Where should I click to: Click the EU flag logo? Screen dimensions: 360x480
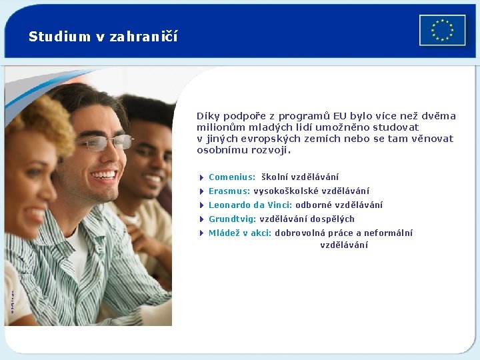point(442,30)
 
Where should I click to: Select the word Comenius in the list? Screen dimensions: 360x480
point(231,177)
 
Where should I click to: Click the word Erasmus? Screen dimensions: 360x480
point(229,191)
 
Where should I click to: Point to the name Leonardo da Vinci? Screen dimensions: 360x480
point(250,205)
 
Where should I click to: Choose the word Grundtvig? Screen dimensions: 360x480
point(232,219)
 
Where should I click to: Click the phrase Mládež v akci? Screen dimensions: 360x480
point(239,233)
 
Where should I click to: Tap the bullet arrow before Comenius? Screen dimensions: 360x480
point(201,177)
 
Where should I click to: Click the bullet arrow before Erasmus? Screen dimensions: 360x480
point(201,191)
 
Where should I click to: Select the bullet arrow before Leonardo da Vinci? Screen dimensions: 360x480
point(201,205)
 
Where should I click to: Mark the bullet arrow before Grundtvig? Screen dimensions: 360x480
point(201,219)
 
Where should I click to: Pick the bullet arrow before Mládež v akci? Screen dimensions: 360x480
point(201,233)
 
